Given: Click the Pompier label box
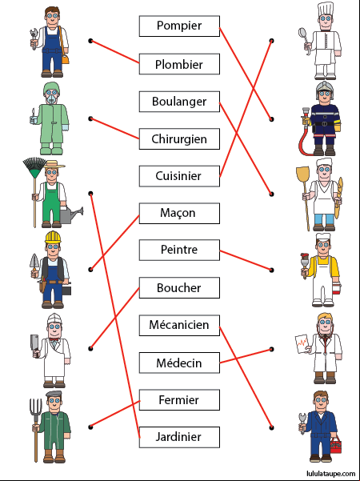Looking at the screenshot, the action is tap(179, 26).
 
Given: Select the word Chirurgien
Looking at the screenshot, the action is tap(179, 139).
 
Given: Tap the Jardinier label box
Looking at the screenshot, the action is tap(179, 437).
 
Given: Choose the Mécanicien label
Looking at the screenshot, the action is tap(179, 325).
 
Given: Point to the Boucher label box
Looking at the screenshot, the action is tap(179, 288).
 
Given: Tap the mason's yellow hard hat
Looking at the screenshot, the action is tap(53, 237).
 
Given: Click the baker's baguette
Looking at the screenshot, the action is tap(338, 198).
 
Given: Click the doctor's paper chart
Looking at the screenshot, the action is tap(302, 344).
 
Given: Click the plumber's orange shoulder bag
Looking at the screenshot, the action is tap(66, 58).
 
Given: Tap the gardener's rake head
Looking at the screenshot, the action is tap(34, 167).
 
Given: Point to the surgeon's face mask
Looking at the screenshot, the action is tap(51, 98).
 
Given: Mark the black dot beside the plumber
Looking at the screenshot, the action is tap(90, 41).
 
